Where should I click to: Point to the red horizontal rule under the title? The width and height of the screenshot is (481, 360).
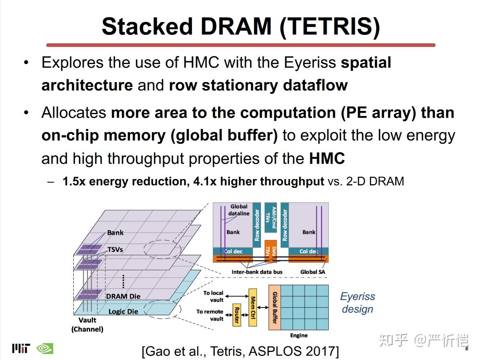point(240,45)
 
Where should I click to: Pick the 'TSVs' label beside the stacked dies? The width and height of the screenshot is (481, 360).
point(115,249)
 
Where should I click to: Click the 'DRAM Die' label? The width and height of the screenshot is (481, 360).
point(123,296)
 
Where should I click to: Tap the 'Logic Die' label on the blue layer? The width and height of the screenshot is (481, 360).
point(123,311)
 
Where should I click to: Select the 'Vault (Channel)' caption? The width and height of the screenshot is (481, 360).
point(87,324)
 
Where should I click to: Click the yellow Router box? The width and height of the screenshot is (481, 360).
point(236,315)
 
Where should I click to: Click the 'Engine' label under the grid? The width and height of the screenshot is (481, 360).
point(299,335)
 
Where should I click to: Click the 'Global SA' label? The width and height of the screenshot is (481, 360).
point(313,272)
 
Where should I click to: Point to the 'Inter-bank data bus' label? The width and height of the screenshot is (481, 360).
point(257,272)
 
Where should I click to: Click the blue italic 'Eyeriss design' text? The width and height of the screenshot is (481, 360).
point(358,303)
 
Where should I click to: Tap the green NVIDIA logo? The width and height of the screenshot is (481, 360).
point(45,348)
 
